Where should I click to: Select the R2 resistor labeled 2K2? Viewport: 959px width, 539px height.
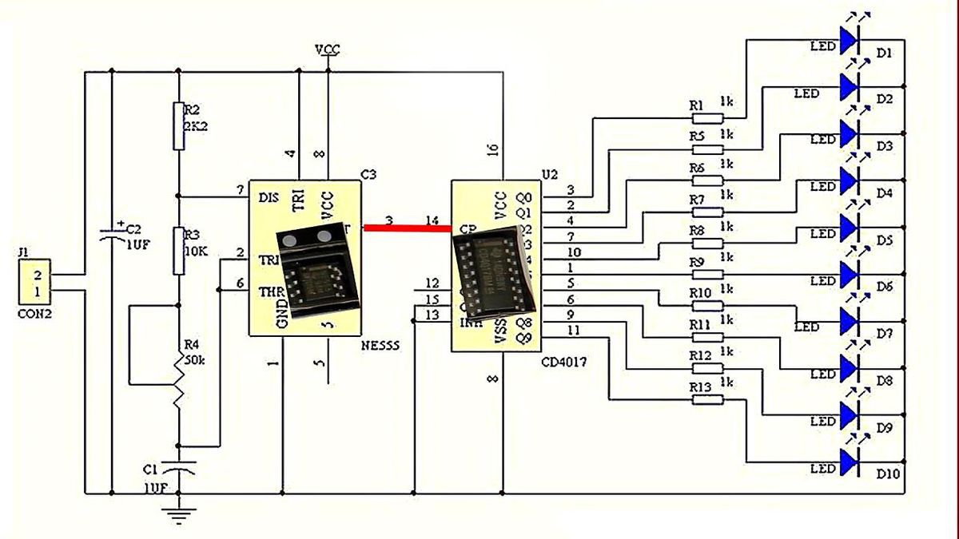[178, 125]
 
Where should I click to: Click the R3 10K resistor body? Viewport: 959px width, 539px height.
[178, 250]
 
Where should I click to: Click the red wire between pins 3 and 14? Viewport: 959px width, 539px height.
[406, 228]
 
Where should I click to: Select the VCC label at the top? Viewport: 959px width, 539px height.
[328, 50]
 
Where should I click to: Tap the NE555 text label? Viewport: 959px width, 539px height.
[380, 346]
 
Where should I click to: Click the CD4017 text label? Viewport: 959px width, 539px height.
[564, 362]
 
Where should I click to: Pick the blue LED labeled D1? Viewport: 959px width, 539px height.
[850, 38]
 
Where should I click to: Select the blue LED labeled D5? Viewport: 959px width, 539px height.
[850, 227]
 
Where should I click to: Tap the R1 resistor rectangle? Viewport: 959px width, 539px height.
[706, 117]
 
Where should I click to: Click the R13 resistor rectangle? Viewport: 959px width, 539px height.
[706, 399]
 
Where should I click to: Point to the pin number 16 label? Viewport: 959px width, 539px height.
[492, 150]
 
